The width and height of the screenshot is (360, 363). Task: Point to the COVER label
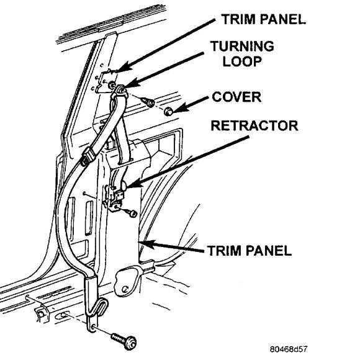point(236,97)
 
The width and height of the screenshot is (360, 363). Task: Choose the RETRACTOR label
point(254,125)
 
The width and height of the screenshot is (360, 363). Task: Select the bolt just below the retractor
point(132,213)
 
